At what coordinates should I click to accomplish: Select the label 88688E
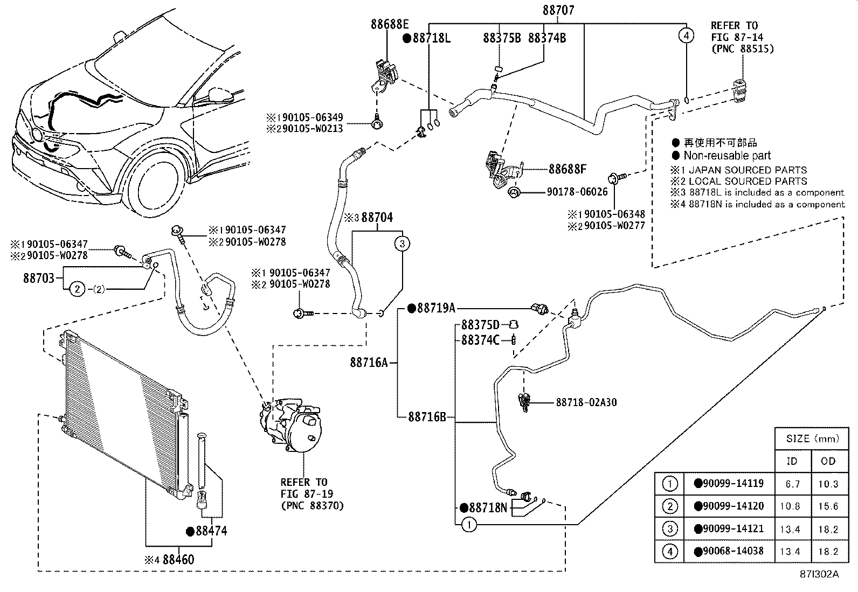pos(389,24)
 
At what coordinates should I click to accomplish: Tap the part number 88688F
pos(567,169)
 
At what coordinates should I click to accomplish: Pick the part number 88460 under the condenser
pos(178,559)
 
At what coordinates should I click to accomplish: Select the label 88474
pos(211,531)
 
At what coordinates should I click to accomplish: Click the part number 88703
pos(38,278)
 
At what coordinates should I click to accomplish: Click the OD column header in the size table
pos(828,461)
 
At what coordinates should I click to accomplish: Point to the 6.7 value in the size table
pos(792,484)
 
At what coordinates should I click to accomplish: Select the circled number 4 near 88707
pos(686,36)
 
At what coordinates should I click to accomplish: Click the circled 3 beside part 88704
pos(402,243)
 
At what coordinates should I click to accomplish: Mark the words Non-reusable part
pos(727,156)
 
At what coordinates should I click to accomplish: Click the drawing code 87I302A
pos(819,574)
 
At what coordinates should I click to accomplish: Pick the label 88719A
pos(436,308)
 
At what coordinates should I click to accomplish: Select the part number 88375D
pos(480,324)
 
